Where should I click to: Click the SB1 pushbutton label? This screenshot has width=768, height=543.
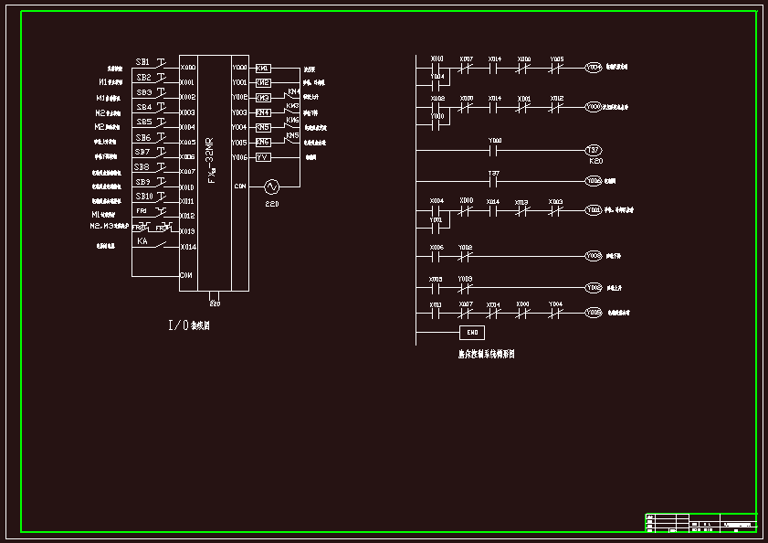[x=143, y=62]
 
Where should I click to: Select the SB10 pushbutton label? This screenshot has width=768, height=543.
[x=145, y=197]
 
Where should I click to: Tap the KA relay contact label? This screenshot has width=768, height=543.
[x=142, y=241]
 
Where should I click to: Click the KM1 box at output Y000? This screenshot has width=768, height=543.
[x=263, y=68]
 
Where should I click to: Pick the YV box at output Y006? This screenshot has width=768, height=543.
[x=263, y=157]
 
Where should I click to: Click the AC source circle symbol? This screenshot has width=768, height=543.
[x=271, y=186]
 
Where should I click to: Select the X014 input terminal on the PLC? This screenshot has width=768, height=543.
[x=187, y=247]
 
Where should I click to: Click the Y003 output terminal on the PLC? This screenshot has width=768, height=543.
[x=239, y=112]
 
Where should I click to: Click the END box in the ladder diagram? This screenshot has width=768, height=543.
[x=471, y=332]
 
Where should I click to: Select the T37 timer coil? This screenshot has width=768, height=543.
[x=594, y=150]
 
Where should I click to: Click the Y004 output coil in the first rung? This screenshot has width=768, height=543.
[x=594, y=68]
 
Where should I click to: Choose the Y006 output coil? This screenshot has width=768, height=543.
[x=594, y=181]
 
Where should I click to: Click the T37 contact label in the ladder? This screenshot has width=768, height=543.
[x=493, y=173]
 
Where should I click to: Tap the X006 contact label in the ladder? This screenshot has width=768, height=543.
[x=437, y=247]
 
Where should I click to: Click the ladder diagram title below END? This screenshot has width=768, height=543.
[x=486, y=354]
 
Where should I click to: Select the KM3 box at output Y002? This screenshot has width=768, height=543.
[x=263, y=98]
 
